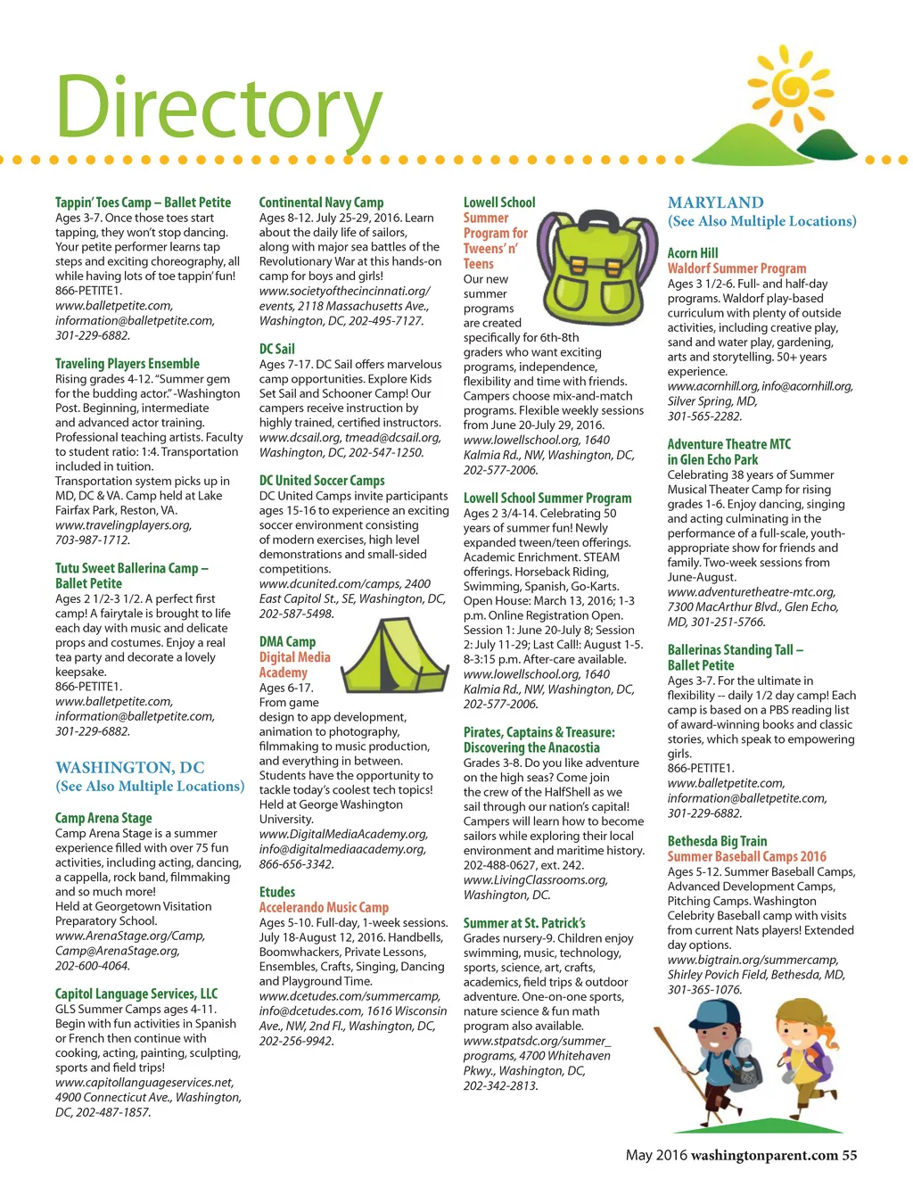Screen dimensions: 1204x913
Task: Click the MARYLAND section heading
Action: point(715,202)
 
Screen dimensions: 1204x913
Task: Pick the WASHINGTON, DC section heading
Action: point(130,767)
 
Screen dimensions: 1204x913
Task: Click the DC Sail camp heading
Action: point(276,349)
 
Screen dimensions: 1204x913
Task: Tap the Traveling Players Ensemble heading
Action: point(127,363)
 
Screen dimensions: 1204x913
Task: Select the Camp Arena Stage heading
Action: point(103,818)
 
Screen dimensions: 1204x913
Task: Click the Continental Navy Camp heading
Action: point(321,202)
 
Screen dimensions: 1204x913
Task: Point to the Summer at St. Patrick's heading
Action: point(524,923)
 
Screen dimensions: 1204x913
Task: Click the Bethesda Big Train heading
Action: point(717,841)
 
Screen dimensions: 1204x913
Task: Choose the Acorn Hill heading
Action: point(693,253)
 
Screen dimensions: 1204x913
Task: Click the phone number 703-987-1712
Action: point(92,540)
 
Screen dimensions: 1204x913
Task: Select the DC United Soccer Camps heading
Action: point(322,480)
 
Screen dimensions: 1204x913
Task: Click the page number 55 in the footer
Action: point(849,1155)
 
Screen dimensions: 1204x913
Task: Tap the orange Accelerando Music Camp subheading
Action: point(324,907)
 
